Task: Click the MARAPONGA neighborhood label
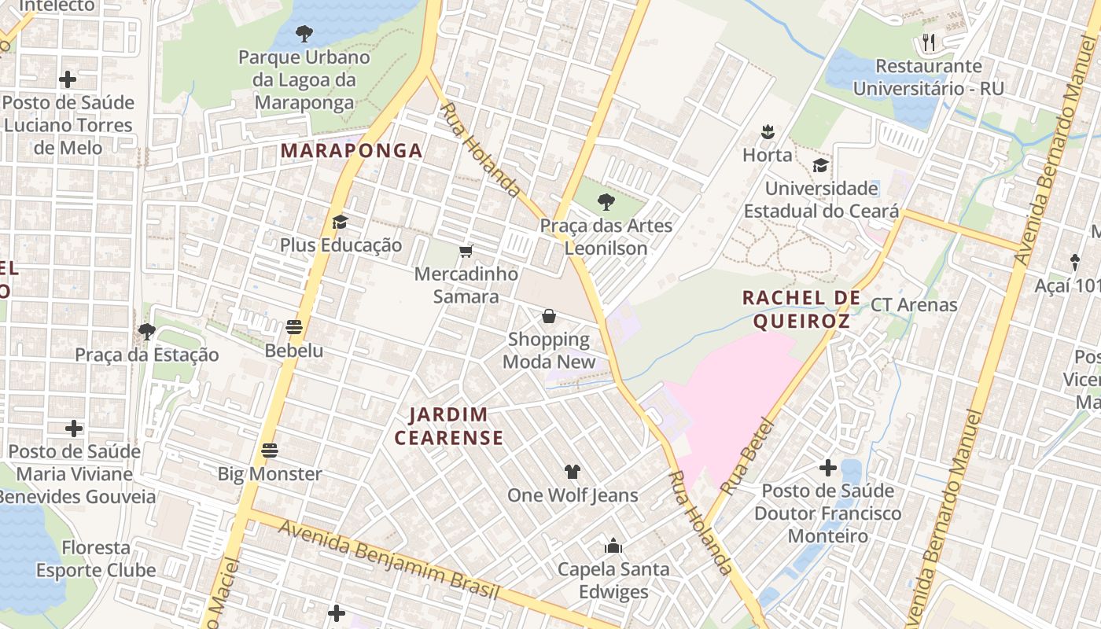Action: tap(352, 150)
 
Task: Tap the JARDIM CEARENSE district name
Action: tap(449, 426)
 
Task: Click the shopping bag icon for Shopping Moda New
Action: tap(549, 316)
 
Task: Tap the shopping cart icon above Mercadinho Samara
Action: tap(466, 251)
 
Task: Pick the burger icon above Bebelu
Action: tap(295, 326)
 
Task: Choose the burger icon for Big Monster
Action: tap(270, 451)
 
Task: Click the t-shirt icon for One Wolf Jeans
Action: tap(572, 472)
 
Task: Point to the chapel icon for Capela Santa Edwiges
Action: tap(613, 545)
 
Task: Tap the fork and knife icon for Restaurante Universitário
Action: tap(929, 42)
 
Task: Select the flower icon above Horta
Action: tap(768, 131)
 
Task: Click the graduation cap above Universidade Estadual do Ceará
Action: tap(820, 165)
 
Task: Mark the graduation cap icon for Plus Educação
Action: tap(340, 222)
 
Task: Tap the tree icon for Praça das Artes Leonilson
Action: tap(606, 202)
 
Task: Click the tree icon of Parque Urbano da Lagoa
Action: tap(304, 33)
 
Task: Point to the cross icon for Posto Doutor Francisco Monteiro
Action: tap(827, 468)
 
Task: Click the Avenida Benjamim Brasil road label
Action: tap(388, 560)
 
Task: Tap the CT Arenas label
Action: tap(914, 304)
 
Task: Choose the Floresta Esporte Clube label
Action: tap(96, 558)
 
